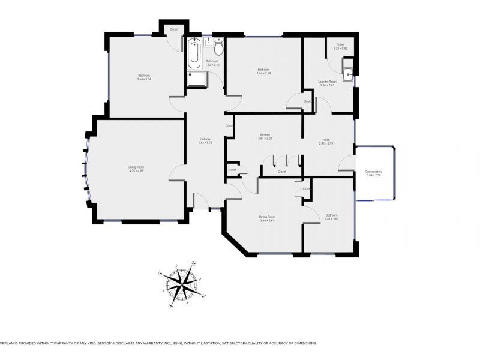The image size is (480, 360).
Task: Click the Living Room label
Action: [136, 167]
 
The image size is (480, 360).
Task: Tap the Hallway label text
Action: [205, 139]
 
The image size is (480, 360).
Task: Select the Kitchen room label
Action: [265, 134]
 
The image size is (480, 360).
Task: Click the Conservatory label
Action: [374, 171]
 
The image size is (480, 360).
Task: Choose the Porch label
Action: [326, 140]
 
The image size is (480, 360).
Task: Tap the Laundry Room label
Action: [327, 81]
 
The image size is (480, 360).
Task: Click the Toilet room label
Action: [340, 44]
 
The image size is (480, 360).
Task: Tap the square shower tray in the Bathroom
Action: [196, 80]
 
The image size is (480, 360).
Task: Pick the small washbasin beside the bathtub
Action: [208, 42]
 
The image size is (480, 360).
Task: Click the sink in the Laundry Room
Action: [348, 74]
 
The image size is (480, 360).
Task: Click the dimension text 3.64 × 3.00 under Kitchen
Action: [265, 139]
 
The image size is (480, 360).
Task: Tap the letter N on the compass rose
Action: [203, 296]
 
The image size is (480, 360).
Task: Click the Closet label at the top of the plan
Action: [174, 29]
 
